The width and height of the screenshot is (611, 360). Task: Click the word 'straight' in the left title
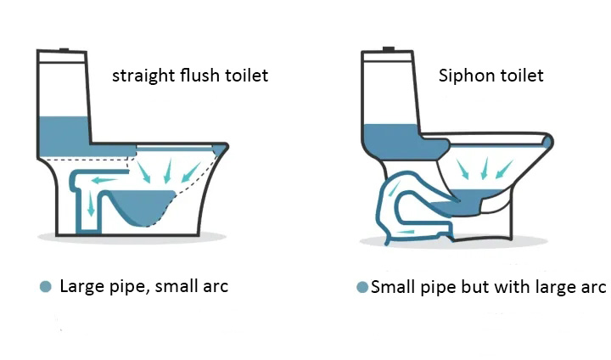point(143,76)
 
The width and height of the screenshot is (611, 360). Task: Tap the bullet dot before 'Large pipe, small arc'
point(46,287)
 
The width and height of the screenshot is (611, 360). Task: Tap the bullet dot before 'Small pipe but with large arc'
point(362,288)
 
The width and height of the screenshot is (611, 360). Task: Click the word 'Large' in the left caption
point(82,287)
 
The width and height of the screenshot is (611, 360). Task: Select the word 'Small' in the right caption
point(393,287)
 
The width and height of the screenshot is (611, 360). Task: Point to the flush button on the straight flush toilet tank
point(64,49)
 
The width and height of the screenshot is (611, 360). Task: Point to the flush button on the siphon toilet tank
point(389,49)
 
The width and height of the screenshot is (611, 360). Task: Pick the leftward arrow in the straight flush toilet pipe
point(104,180)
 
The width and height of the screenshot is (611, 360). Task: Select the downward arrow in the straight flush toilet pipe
point(91,204)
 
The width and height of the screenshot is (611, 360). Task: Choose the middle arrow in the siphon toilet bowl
point(485,168)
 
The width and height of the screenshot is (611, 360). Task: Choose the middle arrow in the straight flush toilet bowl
point(167,171)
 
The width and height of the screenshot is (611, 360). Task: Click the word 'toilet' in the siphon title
point(522,76)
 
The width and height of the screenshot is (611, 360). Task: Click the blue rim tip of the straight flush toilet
point(221,149)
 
